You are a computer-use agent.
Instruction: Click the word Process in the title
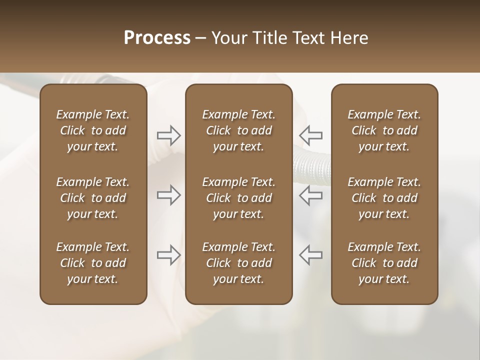pyautogui.click(x=157, y=38)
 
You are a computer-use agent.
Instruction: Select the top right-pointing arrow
pyautogui.click(x=169, y=135)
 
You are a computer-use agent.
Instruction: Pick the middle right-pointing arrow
pyautogui.click(x=169, y=195)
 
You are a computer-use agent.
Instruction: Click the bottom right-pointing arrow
pyautogui.click(x=169, y=254)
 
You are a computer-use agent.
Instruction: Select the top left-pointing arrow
pyautogui.click(x=311, y=135)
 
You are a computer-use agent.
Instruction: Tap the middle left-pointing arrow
pyautogui.click(x=311, y=195)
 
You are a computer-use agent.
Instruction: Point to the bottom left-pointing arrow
pyautogui.click(x=311, y=254)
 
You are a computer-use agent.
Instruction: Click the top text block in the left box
pyautogui.click(x=93, y=130)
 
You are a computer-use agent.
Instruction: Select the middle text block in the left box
pyautogui.click(x=93, y=198)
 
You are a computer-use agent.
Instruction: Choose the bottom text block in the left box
pyautogui.click(x=93, y=263)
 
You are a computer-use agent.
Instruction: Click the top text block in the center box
pyautogui.click(x=238, y=130)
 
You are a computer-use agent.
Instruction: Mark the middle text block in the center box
pyautogui.click(x=238, y=198)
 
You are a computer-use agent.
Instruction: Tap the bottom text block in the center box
pyautogui.click(x=238, y=263)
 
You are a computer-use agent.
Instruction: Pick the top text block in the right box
pyautogui.click(x=384, y=130)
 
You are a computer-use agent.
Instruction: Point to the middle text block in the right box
pyautogui.click(x=384, y=198)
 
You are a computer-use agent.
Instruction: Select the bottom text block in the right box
pyautogui.click(x=384, y=263)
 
